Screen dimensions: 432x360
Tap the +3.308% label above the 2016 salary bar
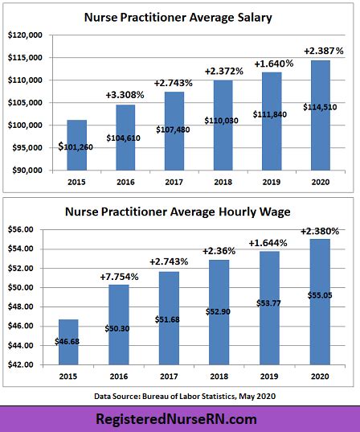pos(126,94)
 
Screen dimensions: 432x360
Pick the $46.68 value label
pos(78,341)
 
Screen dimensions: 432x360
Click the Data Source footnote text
pos(181,395)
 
